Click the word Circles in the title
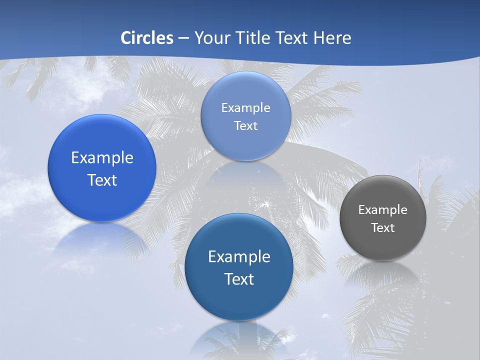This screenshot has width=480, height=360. tap(147, 38)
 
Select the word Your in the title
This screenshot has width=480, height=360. tap(211, 38)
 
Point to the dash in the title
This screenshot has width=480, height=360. tap(183, 38)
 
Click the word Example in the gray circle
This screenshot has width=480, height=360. tap(383, 210)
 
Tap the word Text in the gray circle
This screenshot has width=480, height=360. tap(383, 228)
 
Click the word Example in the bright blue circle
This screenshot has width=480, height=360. tap(102, 158)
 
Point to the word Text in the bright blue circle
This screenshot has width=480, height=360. tap(102, 180)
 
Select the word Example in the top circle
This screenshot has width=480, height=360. tap(246, 108)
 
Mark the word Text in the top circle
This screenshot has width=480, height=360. tap(246, 126)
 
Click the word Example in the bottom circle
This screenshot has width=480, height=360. tap(239, 257)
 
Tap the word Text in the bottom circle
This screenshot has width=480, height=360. tap(239, 279)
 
